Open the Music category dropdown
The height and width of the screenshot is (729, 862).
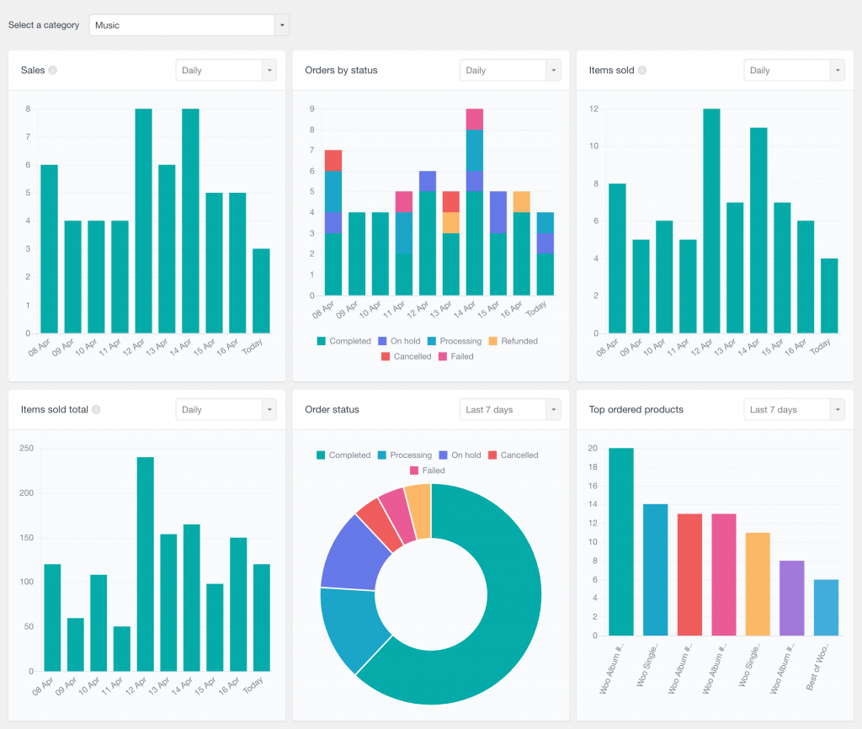(189, 25)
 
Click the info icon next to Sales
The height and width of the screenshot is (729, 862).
(53, 71)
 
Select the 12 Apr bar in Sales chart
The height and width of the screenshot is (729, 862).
(143, 221)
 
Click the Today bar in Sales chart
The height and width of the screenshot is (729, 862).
(261, 290)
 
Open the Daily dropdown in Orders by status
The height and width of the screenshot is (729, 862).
(509, 71)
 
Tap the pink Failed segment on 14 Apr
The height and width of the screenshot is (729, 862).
(475, 119)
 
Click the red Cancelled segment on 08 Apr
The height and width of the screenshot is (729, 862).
(333, 160)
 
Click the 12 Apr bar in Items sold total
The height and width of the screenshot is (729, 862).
(145, 563)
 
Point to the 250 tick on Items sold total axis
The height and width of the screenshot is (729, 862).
(25, 449)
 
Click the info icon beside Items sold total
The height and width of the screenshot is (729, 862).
(96, 410)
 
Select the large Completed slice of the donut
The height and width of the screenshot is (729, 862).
(497, 623)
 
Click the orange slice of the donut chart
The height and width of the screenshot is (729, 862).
(418, 501)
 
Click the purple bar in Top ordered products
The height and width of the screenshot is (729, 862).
(792, 598)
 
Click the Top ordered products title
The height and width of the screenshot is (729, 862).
(636, 410)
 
